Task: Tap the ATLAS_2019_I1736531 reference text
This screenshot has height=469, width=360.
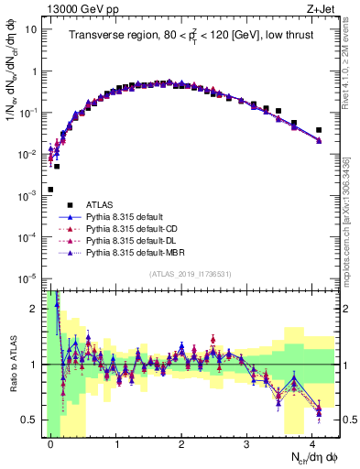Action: (191, 274)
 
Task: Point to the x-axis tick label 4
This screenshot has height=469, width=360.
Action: (311, 443)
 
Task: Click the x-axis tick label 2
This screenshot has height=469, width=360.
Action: (181, 443)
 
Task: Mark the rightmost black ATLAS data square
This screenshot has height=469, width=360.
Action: (318, 130)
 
